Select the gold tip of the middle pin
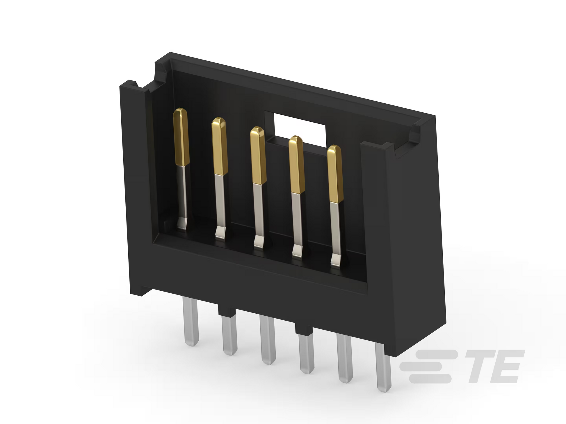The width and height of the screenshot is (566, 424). (258, 155)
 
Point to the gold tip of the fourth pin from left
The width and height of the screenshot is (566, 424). (297, 164)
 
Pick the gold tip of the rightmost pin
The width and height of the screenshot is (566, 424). (335, 174)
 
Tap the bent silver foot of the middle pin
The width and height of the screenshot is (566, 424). (260, 242)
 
